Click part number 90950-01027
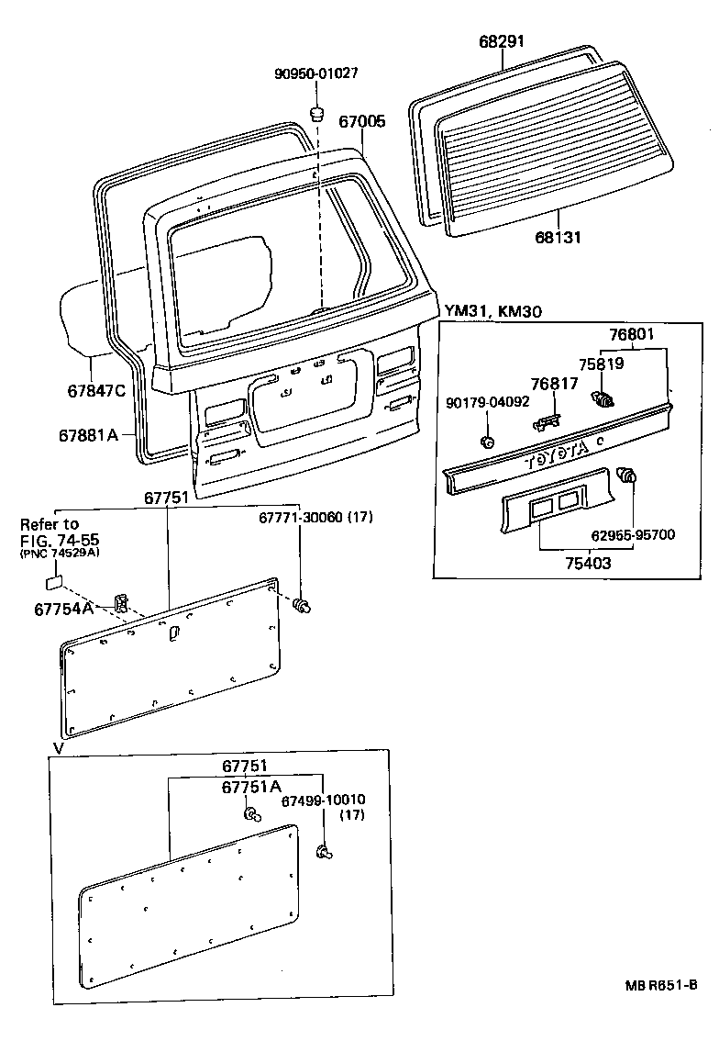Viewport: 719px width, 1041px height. [x=315, y=74]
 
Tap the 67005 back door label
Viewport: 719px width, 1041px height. [x=362, y=121]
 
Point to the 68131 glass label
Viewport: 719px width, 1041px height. [x=559, y=238]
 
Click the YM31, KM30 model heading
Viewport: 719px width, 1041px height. [x=493, y=311]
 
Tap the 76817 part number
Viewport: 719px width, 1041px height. [x=555, y=383]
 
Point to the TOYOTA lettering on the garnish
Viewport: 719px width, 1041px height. [x=562, y=456]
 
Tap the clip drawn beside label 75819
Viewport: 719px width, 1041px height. [x=603, y=399]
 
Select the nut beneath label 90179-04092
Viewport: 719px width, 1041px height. [x=488, y=442]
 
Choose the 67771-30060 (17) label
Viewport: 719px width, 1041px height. [x=315, y=518]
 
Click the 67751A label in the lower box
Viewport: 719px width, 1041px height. [x=250, y=788]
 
